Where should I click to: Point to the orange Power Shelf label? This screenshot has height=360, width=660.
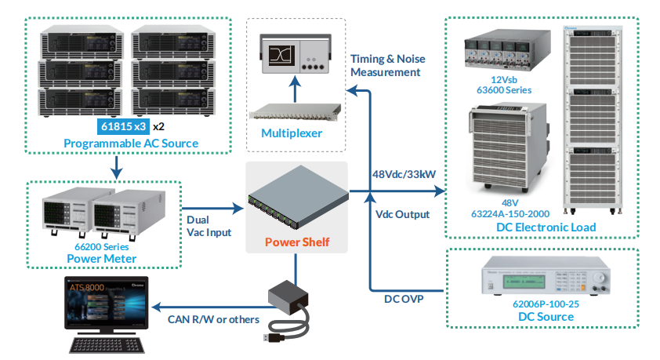297,242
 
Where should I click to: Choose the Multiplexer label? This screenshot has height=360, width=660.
292,133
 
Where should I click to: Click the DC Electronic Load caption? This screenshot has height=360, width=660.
546,227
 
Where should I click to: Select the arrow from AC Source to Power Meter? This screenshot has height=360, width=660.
117,165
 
